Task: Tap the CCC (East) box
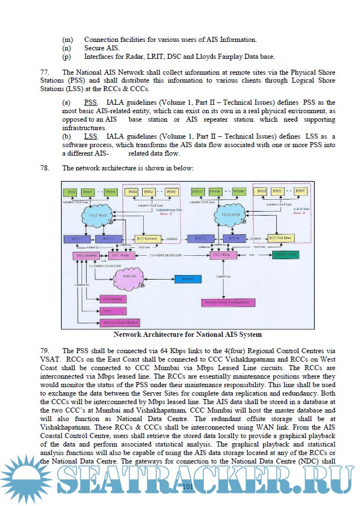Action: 223,256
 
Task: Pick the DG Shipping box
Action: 113,298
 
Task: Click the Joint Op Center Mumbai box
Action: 113,323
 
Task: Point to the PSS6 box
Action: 172,192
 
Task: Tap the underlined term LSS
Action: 89,137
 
